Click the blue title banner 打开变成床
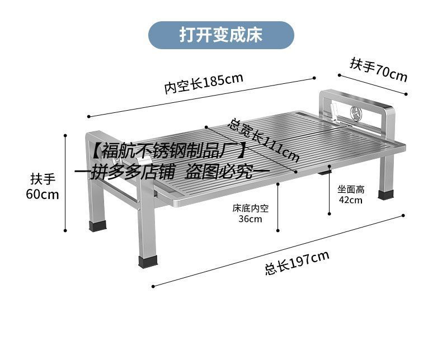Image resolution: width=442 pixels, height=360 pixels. tap(220, 35)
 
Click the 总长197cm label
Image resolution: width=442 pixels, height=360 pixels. tap(297, 263)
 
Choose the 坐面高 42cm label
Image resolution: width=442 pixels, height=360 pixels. tap(351, 195)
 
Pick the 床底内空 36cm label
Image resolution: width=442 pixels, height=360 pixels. tap(251, 214)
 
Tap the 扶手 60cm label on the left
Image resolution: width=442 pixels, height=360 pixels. tap(43, 187)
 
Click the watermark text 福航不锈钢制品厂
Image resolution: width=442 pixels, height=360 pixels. tap(168, 151)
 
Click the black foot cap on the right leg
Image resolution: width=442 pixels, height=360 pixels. tap(385, 196)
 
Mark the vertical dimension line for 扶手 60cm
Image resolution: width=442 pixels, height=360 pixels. tap(66, 182)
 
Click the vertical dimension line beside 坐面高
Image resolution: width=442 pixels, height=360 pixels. tap(330, 190)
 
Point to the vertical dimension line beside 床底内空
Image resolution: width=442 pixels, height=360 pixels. tap(277, 207)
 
